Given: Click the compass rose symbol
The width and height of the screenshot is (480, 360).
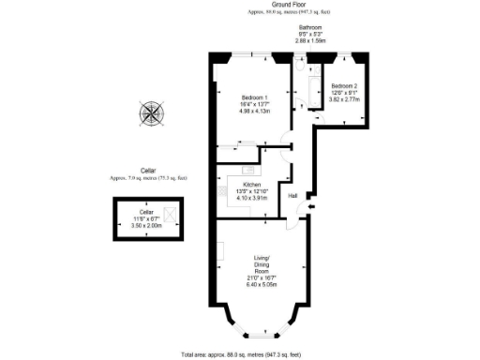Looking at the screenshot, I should [151, 113].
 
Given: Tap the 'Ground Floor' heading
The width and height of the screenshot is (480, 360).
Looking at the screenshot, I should [267, 6].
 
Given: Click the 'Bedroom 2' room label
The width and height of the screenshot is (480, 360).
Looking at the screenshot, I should [342, 85].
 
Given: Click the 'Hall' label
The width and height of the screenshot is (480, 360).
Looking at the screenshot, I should [293, 195].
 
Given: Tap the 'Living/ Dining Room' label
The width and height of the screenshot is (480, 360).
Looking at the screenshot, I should [262, 266].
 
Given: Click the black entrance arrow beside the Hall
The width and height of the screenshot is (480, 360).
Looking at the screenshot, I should [311, 208].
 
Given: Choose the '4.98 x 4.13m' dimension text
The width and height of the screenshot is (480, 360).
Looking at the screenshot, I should [254, 112].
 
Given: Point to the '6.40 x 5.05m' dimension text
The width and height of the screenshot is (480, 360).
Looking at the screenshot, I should [262, 285].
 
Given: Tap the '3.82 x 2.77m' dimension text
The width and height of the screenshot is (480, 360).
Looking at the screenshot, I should [342, 97].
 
